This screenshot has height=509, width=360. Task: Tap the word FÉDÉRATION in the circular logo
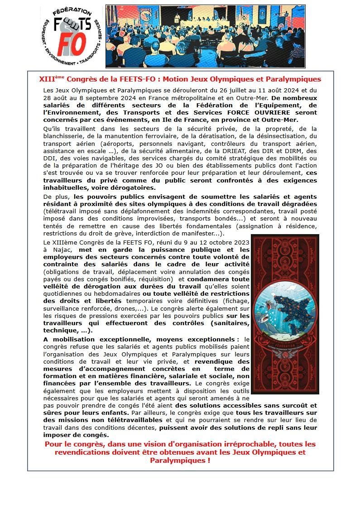(x=69, y=11)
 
